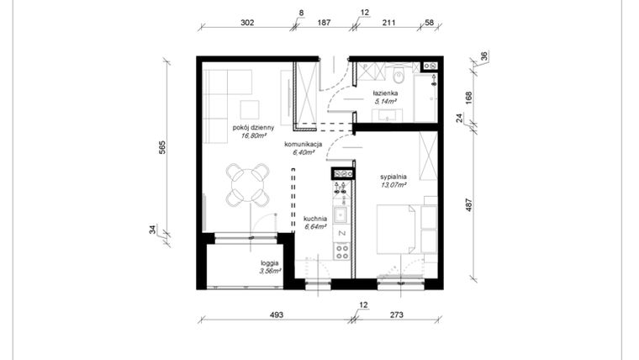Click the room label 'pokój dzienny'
click(x=253, y=127)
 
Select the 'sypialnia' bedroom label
click(x=393, y=177)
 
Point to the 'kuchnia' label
click(x=315, y=219)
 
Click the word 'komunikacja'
click(x=303, y=145)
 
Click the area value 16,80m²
click(x=253, y=135)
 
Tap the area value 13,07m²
click(x=393, y=185)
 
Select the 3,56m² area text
click(x=271, y=271)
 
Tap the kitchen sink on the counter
click(x=341, y=213)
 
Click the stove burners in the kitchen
click(x=341, y=250)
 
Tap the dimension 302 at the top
click(x=247, y=24)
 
